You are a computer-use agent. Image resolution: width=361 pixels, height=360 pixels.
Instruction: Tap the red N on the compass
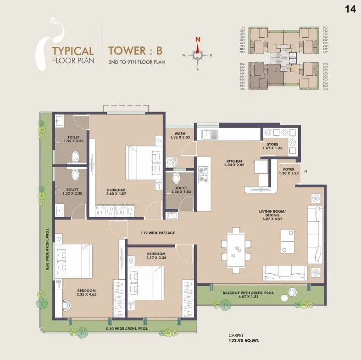pyautogui.click(x=198, y=39)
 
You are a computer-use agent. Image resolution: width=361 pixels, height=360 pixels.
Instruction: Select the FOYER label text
pyautogui.click(x=289, y=169)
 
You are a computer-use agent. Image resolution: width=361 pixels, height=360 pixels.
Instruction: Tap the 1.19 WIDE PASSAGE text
pyautogui.click(x=157, y=233)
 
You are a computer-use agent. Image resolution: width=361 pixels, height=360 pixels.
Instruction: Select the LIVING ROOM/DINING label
pyautogui.click(x=273, y=214)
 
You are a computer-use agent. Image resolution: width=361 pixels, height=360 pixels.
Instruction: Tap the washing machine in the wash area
pyautogui.click(x=172, y=162)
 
